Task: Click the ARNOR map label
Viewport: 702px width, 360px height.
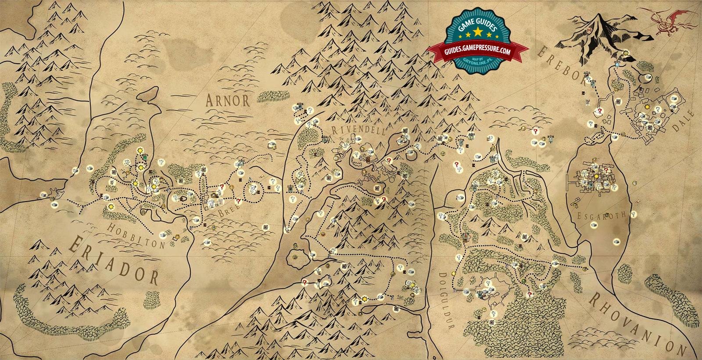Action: [227, 101]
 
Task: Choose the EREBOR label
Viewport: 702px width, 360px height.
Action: [562, 65]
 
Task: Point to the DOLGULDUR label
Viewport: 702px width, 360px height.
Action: [445, 300]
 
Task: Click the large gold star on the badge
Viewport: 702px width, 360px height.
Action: [477, 32]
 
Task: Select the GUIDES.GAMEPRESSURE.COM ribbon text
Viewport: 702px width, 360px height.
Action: [477, 51]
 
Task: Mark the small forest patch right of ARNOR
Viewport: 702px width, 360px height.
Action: [273, 96]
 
